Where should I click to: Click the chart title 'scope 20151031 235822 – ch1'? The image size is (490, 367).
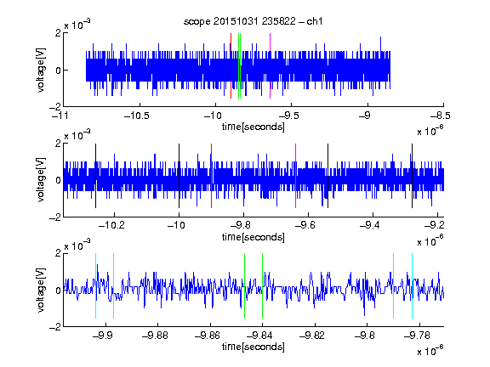(x=253, y=21)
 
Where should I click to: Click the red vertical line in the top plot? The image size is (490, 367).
(x=231, y=65)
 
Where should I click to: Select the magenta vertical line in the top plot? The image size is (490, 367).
(x=270, y=65)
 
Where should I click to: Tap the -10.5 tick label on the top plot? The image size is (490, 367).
(x=137, y=116)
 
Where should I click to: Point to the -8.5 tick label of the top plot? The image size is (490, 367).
(x=441, y=116)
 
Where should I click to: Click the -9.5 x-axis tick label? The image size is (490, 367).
(x=288, y=116)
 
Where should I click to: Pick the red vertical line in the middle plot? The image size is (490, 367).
(x=211, y=176)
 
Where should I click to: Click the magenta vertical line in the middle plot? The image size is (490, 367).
(x=296, y=176)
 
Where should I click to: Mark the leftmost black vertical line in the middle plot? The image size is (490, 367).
(x=95, y=176)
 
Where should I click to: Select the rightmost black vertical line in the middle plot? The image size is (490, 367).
(x=412, y=176)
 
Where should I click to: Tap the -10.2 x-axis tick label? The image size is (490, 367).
(x=111, y=225)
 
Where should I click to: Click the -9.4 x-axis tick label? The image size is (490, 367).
(x=370, y=225)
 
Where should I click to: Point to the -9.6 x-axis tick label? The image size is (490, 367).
(x=305, y=225)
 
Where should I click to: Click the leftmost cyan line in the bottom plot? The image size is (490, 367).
(x=95, y=285)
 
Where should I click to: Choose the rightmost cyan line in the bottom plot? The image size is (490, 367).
(x=412, y=285)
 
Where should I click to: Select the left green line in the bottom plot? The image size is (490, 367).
(x=244, y=285)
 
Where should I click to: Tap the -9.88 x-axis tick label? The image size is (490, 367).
(x=155, y=336)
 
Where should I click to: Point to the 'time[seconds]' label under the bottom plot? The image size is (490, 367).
(x=254, y=347)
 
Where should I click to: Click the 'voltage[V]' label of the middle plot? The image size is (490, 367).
(x=41, y=180)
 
